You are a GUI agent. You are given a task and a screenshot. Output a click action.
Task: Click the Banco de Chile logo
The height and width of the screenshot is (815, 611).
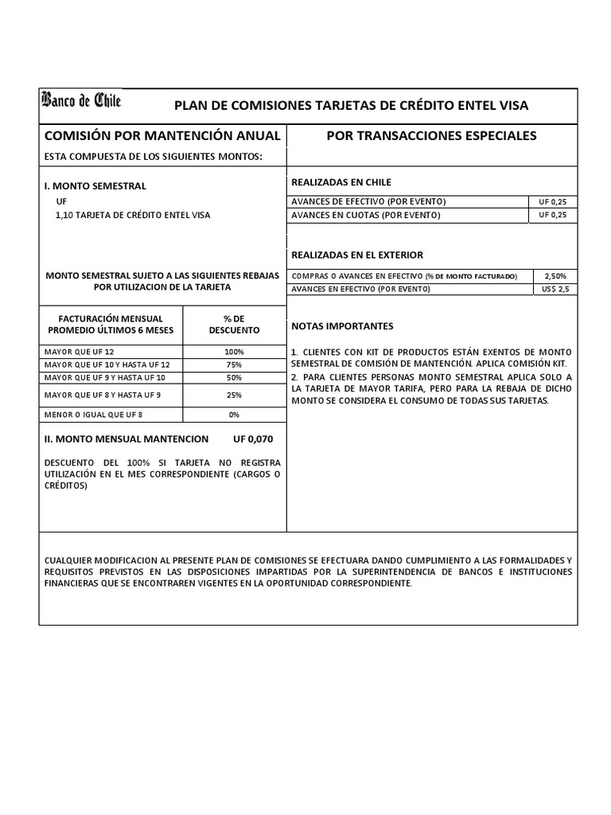81,101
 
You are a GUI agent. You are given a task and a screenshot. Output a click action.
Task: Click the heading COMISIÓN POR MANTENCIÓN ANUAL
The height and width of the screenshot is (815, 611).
162,135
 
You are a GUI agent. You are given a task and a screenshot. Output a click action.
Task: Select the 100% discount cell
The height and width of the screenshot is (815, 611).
234,352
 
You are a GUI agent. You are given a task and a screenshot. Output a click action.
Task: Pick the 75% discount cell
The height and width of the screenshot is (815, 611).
234,365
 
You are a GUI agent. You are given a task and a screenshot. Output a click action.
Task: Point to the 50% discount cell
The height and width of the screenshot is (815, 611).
234,377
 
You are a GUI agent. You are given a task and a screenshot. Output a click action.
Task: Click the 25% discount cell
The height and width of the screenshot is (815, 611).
234,395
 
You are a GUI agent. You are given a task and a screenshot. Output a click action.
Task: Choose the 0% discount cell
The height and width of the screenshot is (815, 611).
234,415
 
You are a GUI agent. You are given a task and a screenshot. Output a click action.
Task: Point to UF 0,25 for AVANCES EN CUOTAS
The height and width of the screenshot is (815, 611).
555,215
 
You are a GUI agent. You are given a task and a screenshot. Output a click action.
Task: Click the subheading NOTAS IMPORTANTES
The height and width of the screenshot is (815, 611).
342,327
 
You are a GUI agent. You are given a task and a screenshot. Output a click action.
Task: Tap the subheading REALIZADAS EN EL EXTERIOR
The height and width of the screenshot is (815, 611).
357,255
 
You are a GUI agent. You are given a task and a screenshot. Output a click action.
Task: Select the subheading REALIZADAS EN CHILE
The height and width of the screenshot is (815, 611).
341,182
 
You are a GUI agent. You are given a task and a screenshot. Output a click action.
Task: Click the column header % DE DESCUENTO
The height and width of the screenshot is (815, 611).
234,323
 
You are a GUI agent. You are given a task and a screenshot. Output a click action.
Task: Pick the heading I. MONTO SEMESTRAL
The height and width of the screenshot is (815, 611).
95,185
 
